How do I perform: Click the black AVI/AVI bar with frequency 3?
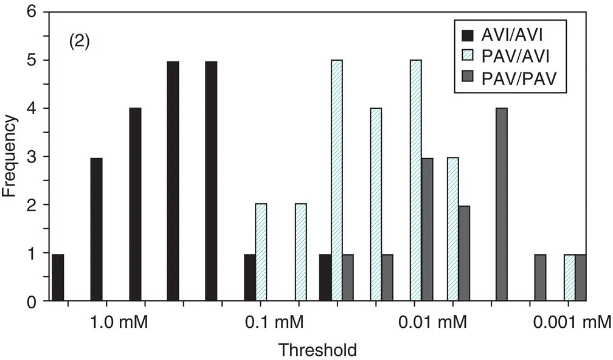(x=96, y=229)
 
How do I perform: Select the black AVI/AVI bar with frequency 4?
(x=135, y=205)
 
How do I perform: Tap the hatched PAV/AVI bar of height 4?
(x=376, y=205)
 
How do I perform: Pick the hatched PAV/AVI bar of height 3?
(x=452, y=229)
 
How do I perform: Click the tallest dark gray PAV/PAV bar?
(x=502, y=205)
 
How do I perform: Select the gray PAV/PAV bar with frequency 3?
(x=427, y=229)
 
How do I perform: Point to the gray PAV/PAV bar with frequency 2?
(x=464, y=254)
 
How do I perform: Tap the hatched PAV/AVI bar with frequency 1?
(x=569, y=277)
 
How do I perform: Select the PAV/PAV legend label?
(x=524, y=77)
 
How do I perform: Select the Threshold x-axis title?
(x=317, y=350)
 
